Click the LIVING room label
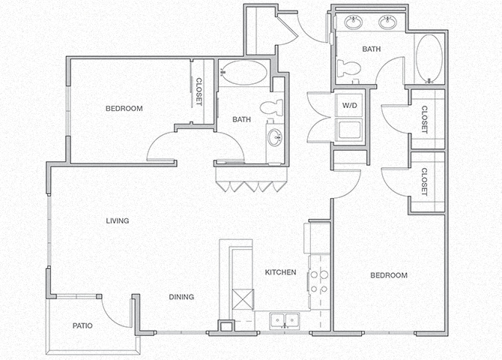pos(118,220)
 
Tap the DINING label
pos(181,297)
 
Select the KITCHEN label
pos(281,271)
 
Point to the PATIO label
pos(82,326)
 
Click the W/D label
pos(350,106)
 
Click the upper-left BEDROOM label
pos(124,109)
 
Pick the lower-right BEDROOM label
pos(389,275)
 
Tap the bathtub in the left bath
pos(243,73)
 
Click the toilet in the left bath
pos(274,106)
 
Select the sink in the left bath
pos(275,137)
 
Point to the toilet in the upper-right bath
pos(348,69)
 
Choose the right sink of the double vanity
pos(388,22)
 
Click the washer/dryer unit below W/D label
pos(349,129)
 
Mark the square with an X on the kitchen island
pos(242,300)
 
